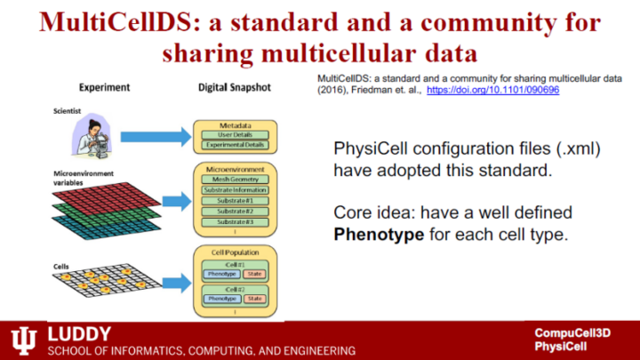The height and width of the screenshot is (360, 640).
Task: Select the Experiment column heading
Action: (x=105, y=88)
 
